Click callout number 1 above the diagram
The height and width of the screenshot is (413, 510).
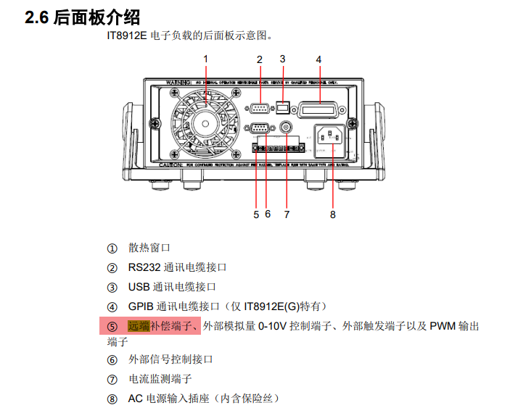point(205,59)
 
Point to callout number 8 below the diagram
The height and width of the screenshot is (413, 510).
point(333,214)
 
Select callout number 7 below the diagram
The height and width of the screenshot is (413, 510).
point(287,214)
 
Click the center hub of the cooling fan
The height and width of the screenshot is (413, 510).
point(205,124)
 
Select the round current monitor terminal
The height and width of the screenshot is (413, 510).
point(287,129)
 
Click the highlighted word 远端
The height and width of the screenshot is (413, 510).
point(139,326)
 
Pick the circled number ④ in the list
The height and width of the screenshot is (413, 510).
point(112,307)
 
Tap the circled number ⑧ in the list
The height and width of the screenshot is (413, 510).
point(112,399)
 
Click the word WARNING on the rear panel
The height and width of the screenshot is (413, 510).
point(179,83)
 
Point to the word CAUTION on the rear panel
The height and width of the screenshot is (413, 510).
point(171,165)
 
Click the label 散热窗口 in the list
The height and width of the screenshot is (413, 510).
point(149,248)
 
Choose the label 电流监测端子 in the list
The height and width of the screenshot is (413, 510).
point(160,379)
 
